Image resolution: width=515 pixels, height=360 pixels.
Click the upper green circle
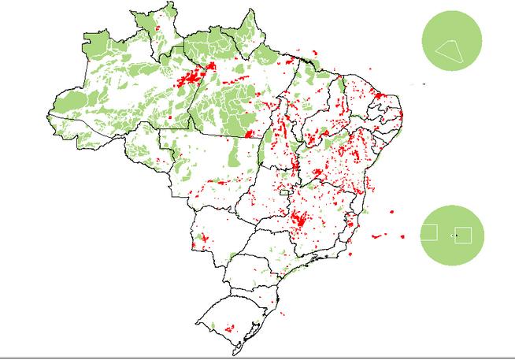451,39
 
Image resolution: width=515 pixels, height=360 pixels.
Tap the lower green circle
451,234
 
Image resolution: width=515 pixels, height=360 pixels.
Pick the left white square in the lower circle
429,233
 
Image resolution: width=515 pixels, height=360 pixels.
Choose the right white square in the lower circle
463,235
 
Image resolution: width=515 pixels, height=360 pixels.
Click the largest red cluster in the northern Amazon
191,78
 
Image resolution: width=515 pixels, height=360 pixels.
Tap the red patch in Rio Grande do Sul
229,328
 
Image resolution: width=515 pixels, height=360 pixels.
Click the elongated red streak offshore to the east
380,234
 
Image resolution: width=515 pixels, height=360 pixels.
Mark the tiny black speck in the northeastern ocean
424,84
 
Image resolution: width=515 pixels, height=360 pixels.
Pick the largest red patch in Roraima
158,29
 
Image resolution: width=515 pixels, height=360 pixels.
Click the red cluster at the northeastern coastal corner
386,98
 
